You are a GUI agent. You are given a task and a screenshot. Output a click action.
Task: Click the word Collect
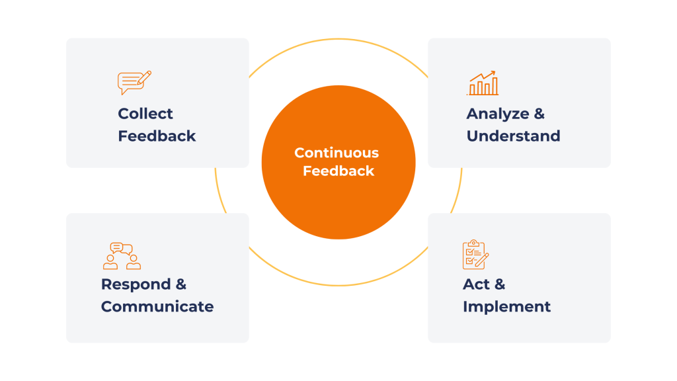[145, 114]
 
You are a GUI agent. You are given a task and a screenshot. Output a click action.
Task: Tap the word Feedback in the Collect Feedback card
[157, 136]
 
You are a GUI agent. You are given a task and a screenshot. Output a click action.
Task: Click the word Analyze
[498, 114]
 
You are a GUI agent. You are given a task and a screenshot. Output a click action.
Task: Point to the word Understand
[513, 136]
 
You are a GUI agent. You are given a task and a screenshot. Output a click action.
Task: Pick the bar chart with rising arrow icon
[483, 83]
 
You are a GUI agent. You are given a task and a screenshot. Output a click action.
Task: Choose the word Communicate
[157, 307]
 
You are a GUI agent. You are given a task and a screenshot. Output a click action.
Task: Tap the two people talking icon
[122, 256]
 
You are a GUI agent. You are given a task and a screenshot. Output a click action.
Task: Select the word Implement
[506, 307]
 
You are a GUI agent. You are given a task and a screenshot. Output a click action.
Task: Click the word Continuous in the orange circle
[337, 153]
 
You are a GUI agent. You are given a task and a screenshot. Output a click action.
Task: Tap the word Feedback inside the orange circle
[338, 171]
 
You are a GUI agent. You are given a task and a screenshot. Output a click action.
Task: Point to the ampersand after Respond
[180, 284]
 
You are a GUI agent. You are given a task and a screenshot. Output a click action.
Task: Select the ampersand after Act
[499, 284]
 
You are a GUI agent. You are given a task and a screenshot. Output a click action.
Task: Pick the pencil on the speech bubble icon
[145, 76]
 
